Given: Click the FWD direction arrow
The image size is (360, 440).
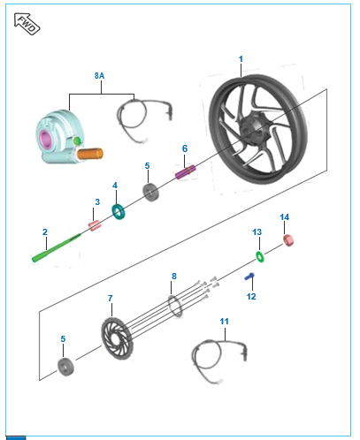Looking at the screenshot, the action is [27, 24].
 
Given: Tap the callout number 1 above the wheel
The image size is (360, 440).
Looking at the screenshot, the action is [241, 59].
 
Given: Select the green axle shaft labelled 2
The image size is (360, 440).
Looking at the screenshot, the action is [56, 247].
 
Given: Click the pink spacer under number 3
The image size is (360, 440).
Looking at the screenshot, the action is [95, 226].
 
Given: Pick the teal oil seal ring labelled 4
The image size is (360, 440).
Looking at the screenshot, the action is [119, 212].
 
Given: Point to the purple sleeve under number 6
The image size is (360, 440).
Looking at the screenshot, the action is [185, 172].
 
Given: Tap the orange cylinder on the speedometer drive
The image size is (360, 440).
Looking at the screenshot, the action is [90, 154].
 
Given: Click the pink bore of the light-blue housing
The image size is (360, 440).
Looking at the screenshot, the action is [46, 140].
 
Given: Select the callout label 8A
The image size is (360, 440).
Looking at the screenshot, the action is [99, 76].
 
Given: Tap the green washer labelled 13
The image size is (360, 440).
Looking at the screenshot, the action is [260, 256].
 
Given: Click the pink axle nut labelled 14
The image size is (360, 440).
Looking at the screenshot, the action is [288, 240].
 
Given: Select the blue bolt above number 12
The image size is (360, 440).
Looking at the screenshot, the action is [249, 277].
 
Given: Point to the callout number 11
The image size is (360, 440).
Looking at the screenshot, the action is [224, 322].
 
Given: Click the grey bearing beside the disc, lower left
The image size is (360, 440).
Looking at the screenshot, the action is [65, 367].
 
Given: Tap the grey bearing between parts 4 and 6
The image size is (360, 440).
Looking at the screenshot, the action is [150, 193].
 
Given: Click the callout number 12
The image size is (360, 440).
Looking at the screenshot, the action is [251, 297].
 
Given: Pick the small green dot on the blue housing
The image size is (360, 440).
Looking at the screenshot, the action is [78, 140].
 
